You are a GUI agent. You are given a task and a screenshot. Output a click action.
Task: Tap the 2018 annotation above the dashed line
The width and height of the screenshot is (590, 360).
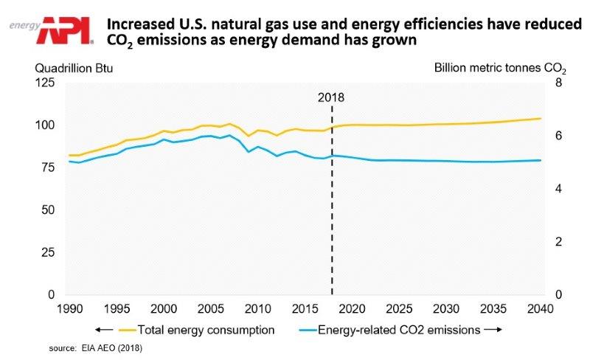[331, 97]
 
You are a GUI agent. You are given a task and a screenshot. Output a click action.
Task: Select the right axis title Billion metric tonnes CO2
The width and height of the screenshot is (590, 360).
[500, 69]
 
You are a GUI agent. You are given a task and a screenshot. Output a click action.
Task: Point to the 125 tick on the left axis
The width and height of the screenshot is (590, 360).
[45, 83]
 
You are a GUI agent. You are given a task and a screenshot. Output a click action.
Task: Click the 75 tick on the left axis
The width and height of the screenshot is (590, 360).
[48, 168]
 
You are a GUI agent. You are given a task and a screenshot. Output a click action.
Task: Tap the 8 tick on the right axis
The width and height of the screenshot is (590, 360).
[558, 83]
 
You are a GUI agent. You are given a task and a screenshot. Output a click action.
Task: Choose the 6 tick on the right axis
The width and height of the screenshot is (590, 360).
[558, 136]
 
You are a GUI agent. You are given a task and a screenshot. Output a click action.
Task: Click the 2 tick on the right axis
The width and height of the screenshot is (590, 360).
[558, 242]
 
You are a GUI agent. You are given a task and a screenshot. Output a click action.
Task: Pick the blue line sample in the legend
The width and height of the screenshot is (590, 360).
[303, 330]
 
